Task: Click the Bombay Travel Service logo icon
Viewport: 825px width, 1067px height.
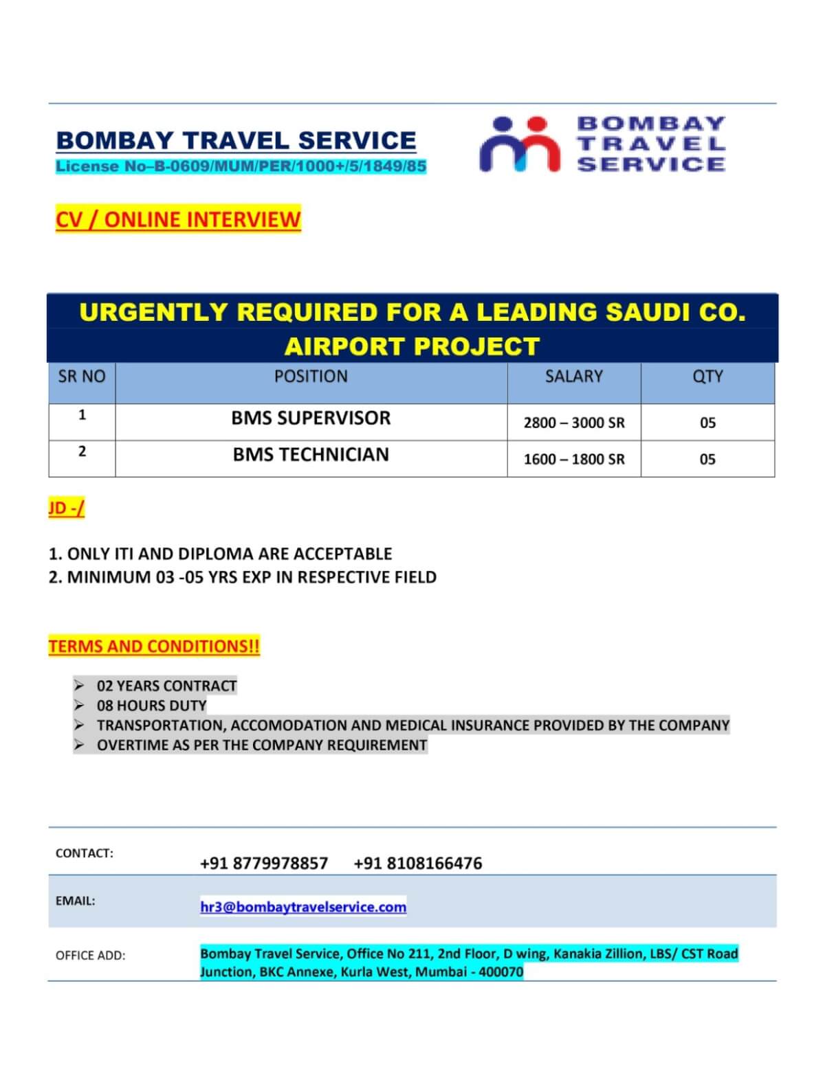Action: click(519, 144)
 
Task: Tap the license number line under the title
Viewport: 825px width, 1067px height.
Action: click(241, 166)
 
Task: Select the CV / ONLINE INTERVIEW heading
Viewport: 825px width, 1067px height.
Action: click(178, 219)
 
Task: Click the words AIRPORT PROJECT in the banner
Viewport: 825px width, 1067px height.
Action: click(412, 346)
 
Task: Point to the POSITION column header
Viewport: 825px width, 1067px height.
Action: click(311, 377)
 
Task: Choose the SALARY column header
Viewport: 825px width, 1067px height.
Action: click(573, 377)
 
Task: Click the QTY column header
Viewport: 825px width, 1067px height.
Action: click(707, 377)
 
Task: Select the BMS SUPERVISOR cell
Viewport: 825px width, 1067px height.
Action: click(311, 418)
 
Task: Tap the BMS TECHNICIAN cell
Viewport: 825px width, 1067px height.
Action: click(311, 454)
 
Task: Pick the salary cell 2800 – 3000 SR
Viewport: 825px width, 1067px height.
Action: click(574, 423)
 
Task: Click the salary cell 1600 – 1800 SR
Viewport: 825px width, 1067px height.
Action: click(574, 459)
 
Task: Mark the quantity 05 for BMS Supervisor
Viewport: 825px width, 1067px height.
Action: click(707, 423)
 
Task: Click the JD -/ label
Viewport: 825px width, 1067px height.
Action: click(67, 508)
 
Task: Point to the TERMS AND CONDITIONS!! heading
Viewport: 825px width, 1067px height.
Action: click(154, 647)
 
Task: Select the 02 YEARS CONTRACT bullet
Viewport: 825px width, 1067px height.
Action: click(166, 686)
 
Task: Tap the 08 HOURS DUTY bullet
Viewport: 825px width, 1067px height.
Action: click(151, 706)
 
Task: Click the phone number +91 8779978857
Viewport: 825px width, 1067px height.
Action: click(264, 863)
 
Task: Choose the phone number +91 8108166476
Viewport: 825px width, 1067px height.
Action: click(417, 863)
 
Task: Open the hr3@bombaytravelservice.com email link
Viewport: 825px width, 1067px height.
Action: click(303, 907)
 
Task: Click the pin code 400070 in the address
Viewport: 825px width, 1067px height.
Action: click(502, 972)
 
